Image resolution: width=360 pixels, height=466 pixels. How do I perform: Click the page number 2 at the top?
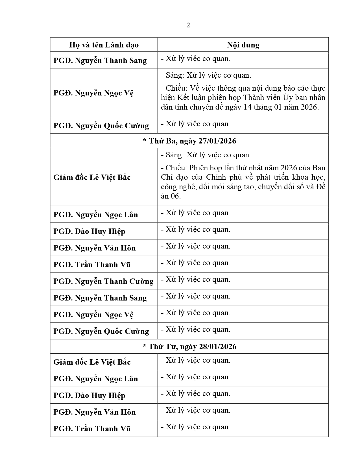pyautogui.click(x=188, y=25)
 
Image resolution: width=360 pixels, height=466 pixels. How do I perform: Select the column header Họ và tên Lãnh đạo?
pyautogui.click(x=104, y=45)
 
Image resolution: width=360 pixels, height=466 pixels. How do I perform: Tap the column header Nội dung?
pyautogui.click(x=243, y=45)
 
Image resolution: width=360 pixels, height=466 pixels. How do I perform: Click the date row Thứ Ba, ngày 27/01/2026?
pyautogui.click(x=189, y=141)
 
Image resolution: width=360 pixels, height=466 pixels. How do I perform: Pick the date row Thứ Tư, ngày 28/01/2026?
pyautogui.click(x=189, y=346)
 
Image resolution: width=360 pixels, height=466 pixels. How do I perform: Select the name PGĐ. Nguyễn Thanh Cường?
pyautogui.click(x=103, y=281)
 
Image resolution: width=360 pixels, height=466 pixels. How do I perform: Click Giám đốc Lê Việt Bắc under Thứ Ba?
pyautogui.click(x=92, y=177)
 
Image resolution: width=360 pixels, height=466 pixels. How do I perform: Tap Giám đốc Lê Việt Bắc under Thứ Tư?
pyautogui.click(x=92, y=362)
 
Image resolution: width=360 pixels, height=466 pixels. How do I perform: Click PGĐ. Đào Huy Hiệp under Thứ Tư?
pyautogui.click(x=89, y=395)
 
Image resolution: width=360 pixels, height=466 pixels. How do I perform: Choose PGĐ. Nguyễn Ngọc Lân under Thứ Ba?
pyautogui.click(x=96, y=215)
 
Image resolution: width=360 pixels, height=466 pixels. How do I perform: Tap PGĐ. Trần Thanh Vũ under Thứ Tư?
pyautogui.click(x=92, y=429)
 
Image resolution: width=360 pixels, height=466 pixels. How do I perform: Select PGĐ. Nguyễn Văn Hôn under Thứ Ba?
pyautogui.click(x=95, y=248)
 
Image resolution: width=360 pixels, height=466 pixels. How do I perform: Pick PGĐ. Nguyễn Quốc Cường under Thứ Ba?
pyautogui.click(x=101, y=331)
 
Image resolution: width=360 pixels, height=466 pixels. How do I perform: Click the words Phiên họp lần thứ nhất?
pyautogui.click(x=226, y=168)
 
